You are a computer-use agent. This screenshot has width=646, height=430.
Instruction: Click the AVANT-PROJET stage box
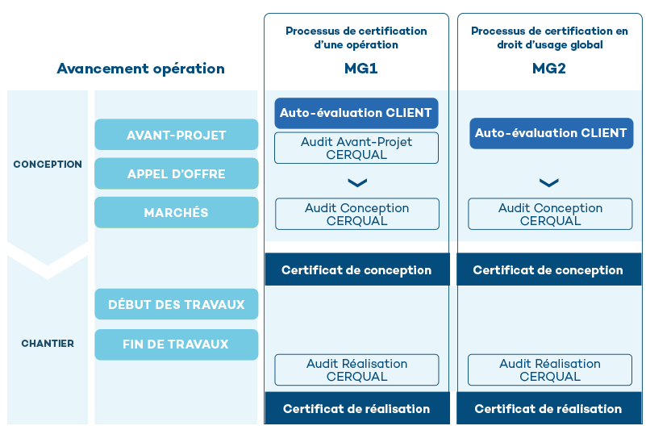point(176,135)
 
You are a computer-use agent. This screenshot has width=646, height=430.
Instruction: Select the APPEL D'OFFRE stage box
point(176,173)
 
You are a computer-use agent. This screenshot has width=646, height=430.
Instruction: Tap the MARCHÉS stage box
point(176,212)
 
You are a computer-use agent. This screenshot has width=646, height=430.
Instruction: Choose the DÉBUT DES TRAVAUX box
point(176,304)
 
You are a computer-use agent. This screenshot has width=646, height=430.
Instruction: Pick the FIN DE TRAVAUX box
point(176,344)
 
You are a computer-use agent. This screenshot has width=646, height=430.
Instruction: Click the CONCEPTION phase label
point(48,165)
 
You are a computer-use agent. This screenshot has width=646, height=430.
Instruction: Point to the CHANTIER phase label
point(48,344)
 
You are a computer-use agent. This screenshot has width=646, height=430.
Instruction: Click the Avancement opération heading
point(140,69)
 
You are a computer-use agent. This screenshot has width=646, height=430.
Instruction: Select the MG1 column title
point(356,69)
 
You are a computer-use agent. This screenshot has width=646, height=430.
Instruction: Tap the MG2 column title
point(548,69)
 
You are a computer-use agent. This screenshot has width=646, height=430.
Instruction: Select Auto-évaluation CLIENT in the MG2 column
point(551,133)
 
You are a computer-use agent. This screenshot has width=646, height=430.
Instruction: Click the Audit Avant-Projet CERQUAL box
point(356,148)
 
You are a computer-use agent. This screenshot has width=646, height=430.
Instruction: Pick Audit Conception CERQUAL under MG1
point(356,214)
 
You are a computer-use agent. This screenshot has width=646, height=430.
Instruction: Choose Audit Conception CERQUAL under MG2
point(550,214)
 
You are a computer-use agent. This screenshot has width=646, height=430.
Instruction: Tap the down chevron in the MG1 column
point(356,183)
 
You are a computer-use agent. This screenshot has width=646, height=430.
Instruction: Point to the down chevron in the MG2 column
point(548,183)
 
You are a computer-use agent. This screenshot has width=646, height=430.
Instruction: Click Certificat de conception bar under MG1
point(356,270)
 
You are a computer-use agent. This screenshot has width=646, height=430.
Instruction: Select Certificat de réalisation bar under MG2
point(548,409)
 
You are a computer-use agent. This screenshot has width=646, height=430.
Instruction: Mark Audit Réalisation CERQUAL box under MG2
point(550,369)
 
